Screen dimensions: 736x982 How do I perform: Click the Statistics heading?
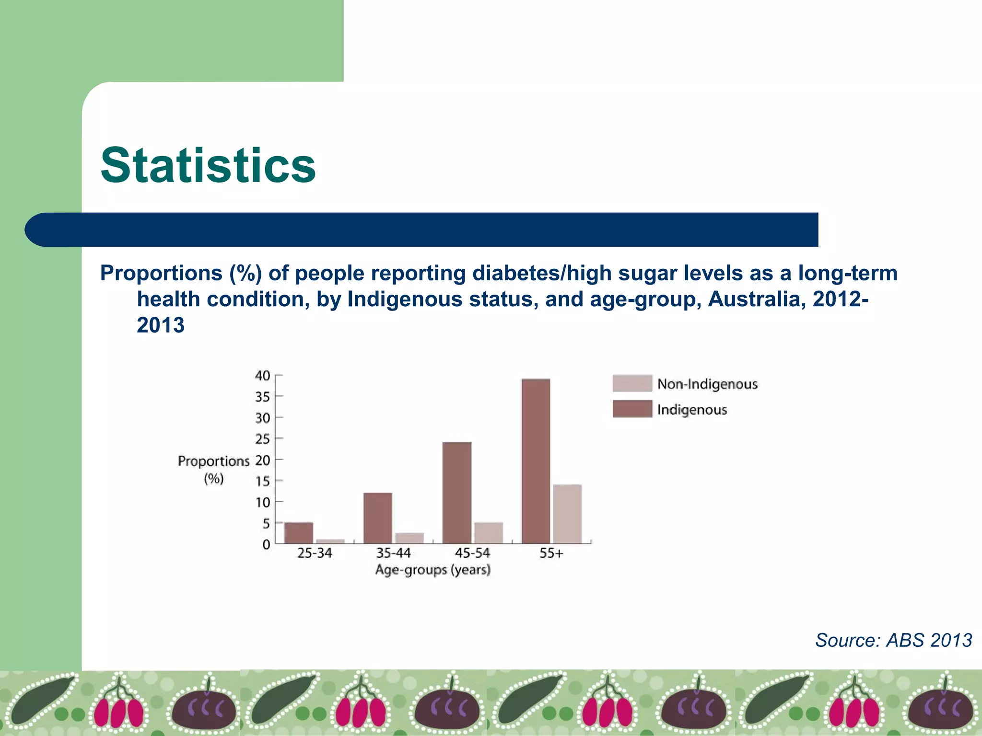[208, 165]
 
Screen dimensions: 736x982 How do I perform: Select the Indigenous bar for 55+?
[536, 461]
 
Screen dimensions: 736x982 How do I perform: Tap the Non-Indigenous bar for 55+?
[567, 514]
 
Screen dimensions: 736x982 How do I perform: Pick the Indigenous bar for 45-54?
[456, 493]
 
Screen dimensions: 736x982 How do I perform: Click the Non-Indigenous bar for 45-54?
[488, 533]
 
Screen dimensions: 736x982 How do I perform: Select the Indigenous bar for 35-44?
[377, 518]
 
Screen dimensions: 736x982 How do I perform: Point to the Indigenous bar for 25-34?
[298, 533]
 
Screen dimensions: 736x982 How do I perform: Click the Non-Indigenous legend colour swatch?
[632, 383]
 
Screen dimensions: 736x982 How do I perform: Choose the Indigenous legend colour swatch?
[632, 409]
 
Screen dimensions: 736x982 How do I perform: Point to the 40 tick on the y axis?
[263, 376]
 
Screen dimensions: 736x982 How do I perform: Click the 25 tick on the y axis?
[263, 439]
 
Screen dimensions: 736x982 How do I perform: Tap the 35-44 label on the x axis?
[393, 553]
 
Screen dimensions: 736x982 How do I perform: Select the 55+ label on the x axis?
[551, 553]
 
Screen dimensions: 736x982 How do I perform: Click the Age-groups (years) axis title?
[433, 570]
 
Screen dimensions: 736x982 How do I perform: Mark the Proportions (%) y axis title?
[213, 469]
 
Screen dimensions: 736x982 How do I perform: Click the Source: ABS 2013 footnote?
[893, 640]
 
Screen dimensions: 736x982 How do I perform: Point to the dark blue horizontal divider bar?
[422, 230]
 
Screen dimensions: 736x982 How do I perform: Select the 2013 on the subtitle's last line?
[161, 325]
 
